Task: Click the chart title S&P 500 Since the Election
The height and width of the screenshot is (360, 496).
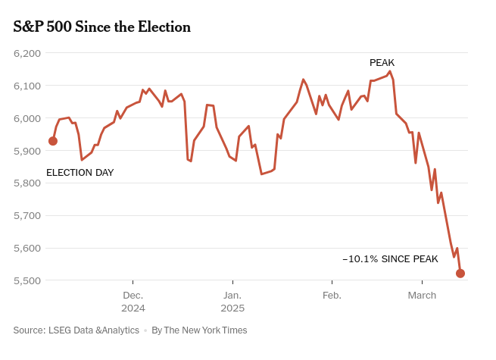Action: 102,27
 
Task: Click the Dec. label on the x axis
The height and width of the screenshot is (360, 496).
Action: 133,295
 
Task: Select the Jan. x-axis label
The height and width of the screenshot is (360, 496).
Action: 232,295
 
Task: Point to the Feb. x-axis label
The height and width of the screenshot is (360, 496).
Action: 332,295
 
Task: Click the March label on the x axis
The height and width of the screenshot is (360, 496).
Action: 422,295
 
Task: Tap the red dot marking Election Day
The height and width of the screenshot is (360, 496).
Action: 52,141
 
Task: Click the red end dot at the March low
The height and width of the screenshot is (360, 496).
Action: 460,274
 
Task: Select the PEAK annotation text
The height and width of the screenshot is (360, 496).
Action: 382,63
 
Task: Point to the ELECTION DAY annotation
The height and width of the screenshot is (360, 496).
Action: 80,173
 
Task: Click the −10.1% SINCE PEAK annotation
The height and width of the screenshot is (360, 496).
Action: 390,259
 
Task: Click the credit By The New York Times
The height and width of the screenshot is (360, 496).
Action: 199,330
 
